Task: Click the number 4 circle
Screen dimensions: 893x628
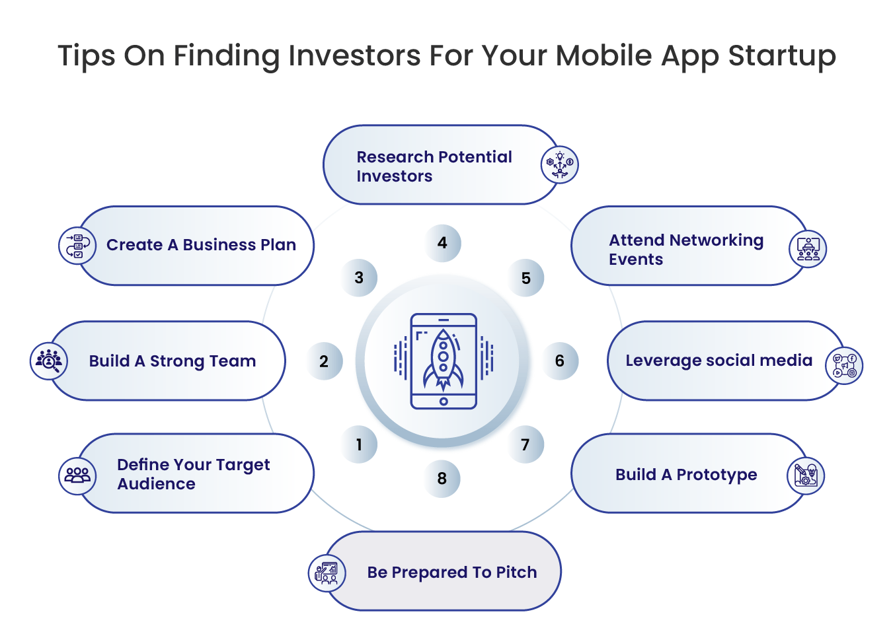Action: tap(442, 243)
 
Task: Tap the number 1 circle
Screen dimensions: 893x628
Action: tap(359, 444)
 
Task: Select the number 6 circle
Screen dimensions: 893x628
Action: tap(560, 361)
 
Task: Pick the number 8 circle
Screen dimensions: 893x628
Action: tap(442, 479)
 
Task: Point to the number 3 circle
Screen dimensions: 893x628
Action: tap(359, 277)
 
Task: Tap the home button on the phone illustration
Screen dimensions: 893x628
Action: tap(444, 401)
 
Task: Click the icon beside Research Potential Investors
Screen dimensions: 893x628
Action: tap(560, 164)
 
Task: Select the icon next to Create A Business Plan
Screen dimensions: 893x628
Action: tap(77, 246)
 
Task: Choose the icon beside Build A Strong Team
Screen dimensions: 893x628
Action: tap(49, 361)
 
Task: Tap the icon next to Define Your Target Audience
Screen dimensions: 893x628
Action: tap(77, 476)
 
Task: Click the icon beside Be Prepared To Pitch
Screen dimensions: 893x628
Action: tap(327, 573)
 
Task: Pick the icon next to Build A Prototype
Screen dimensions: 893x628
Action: tap(806, 476)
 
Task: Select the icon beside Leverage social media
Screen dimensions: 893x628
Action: tap(844, 366)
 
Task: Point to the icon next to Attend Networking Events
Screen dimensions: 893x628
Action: tap(808, 249)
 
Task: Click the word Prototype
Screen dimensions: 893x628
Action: tap(717, 475)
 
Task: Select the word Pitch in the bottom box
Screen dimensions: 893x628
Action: tap(517, 573)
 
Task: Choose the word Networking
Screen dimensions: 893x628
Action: tap(717, 241)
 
